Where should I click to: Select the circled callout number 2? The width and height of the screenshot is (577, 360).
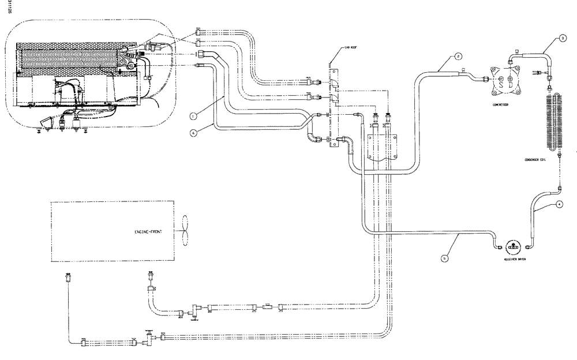[457, 56]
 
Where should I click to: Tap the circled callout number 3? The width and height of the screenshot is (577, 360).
[562, 39]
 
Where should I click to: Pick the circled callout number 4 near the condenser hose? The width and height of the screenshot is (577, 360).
[559, 204]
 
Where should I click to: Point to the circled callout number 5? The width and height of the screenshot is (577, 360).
[444, 259]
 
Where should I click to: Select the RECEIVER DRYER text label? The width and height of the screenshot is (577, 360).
[513, 260]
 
